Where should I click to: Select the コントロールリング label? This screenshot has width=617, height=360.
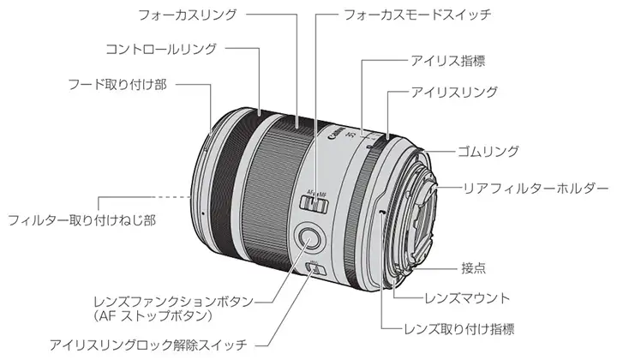click(160, 49)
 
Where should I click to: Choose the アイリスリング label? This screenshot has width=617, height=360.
click(454, 90)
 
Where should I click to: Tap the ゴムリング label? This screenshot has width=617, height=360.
click(488, 152)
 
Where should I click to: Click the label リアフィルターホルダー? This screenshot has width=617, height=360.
click(535, 187)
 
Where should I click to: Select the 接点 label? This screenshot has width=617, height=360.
click(473, 267)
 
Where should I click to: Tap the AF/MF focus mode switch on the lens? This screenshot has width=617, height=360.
click(317, 203)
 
